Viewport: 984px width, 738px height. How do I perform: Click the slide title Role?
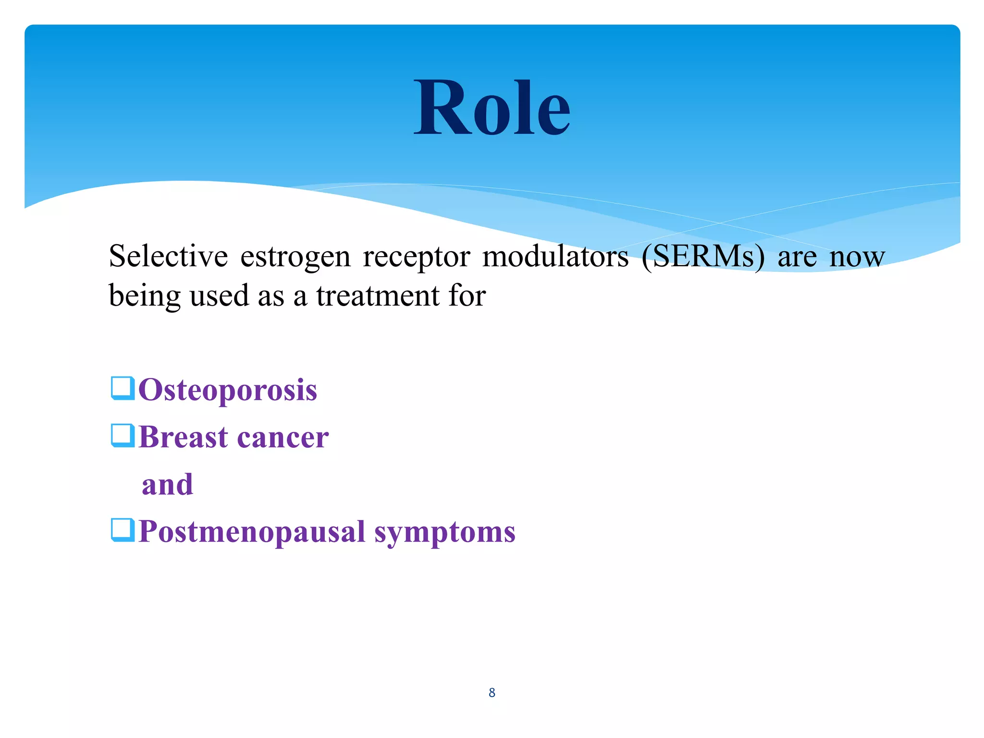tap(492, 108)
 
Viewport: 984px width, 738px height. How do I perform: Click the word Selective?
tap(168, 256)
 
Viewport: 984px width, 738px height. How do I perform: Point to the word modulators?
tap(555, 256)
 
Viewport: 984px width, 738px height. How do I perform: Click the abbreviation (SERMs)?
tap(703, 256)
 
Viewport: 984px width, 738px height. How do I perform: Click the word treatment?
tap(378, 295)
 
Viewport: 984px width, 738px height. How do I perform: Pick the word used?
tap(220, 295)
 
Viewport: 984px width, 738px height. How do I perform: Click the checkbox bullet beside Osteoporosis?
tap(123, 388)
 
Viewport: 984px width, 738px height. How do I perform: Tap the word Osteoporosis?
tap(228, 390)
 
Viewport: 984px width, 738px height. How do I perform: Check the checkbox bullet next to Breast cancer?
tap(123, 435)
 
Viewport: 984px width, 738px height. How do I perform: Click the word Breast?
tap(183, 437)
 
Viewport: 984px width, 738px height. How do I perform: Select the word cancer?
tap(283, 438)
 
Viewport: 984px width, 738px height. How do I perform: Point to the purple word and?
tap(167, 484)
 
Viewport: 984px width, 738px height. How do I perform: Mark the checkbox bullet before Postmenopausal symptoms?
tap(123, 530)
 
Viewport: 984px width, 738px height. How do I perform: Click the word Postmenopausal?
tap(252, 532)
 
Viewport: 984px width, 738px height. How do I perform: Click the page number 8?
tap(492, 692)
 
